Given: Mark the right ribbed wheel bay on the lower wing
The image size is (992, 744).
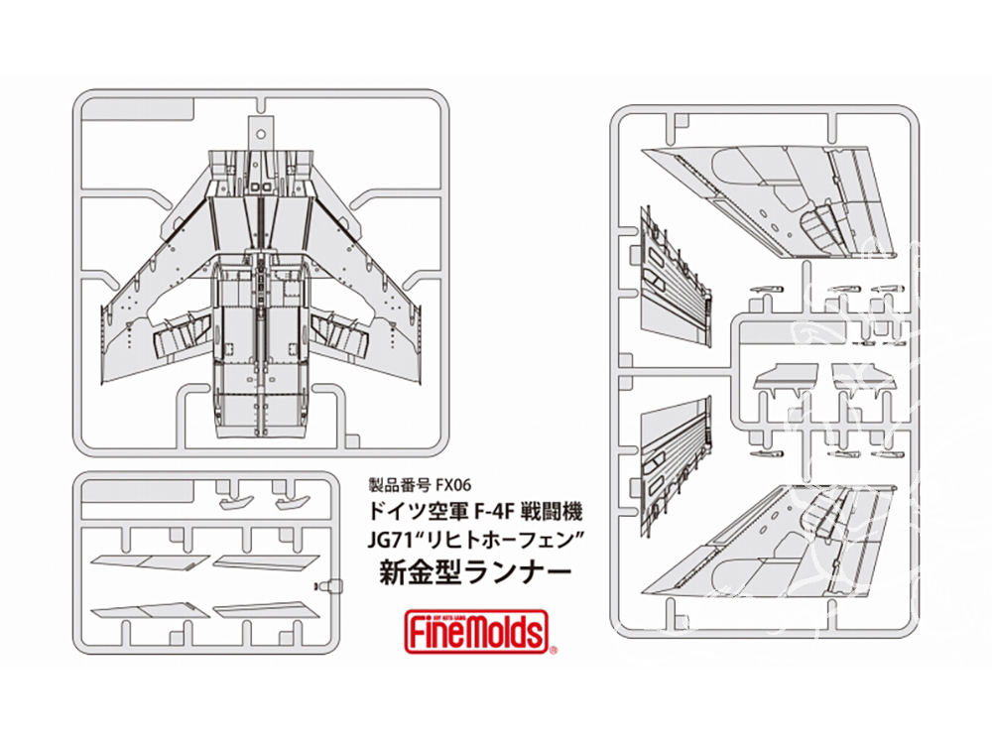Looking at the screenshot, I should (x=336, y=333).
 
